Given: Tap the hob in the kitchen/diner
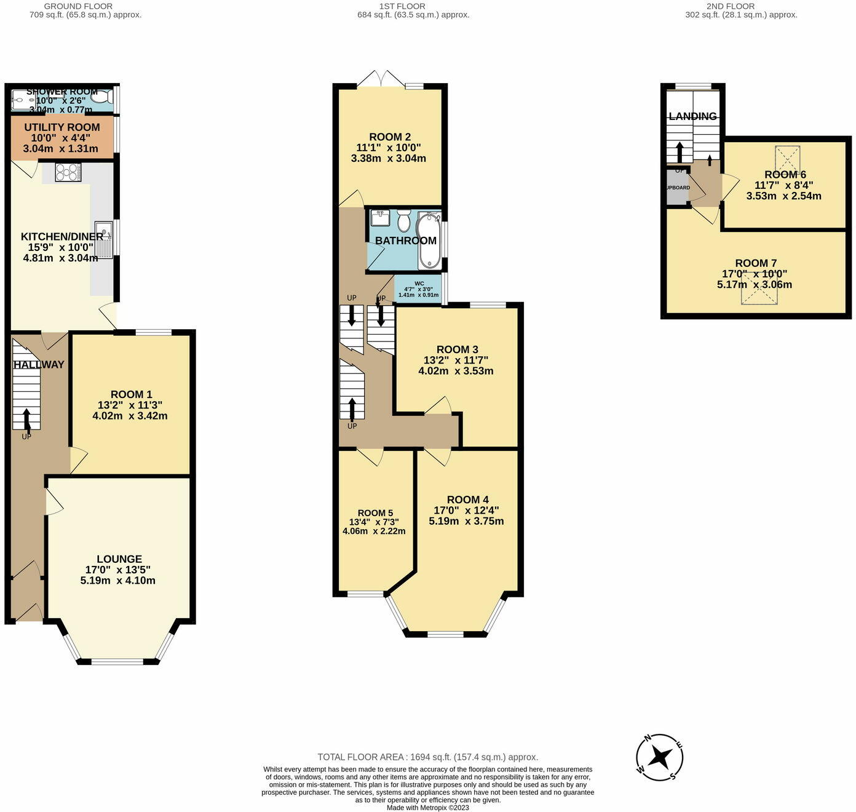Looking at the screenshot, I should click(x=68, y=172).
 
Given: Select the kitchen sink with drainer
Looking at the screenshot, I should click(x=105, y=239).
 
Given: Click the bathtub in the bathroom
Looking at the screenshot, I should click(x=429, y=241).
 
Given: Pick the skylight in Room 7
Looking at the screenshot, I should click(x=759, y=289).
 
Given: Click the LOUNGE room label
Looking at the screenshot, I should click(x=119, y=559).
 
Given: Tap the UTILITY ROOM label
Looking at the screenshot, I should click(x=61, y=127).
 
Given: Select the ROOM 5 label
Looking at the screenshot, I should click(x=375, y=513).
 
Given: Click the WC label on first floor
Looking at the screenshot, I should click(x=419, y=284).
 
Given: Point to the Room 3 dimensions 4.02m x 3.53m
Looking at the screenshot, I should click(x=456, y=371).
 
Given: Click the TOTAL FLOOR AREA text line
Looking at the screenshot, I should click(x=427, y=757).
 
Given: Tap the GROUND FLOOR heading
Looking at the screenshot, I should click(x=78, y=6).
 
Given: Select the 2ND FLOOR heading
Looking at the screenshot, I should click(x=731, y=6).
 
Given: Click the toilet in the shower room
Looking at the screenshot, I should click(x=103, y=97).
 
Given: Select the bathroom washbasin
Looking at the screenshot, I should click(x=379, y=217).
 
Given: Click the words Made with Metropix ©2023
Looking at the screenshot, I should click(x=427, y=808).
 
